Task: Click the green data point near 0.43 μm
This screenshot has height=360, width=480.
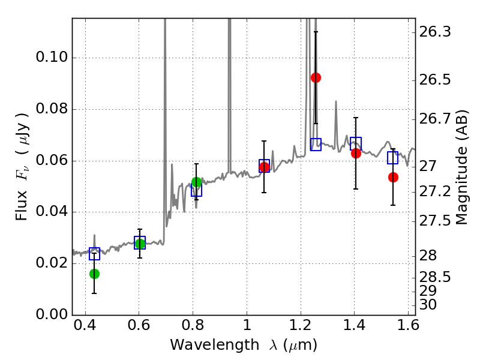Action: (95, 274)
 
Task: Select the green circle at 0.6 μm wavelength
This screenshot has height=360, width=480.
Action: (140, 244)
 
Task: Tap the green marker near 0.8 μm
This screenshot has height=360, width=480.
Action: (197, 182)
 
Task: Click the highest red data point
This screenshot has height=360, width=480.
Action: (316, 78)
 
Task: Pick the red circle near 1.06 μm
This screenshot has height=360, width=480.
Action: (264, 167)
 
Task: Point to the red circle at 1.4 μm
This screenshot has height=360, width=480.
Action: (356, 153)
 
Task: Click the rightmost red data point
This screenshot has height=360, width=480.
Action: (393, 177)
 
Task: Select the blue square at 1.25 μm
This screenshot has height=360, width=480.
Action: (316, 145)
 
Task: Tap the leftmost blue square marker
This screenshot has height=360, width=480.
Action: (95, 254)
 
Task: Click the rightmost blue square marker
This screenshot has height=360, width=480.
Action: (393, 158)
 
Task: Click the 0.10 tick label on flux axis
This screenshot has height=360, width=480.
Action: (52, 57)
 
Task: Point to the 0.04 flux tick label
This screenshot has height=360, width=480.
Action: (52, 212)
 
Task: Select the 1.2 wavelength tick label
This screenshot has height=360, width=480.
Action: (301, 325)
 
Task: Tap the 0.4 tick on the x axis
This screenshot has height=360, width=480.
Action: (85, 325)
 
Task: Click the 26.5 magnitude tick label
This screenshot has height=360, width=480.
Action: (434, 80)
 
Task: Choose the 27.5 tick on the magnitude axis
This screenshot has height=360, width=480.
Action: (434, 221)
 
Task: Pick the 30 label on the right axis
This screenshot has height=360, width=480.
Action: (428, 305)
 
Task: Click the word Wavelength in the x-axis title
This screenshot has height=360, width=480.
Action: (215, 345)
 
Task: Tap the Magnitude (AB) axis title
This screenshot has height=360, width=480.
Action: (462, 167)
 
